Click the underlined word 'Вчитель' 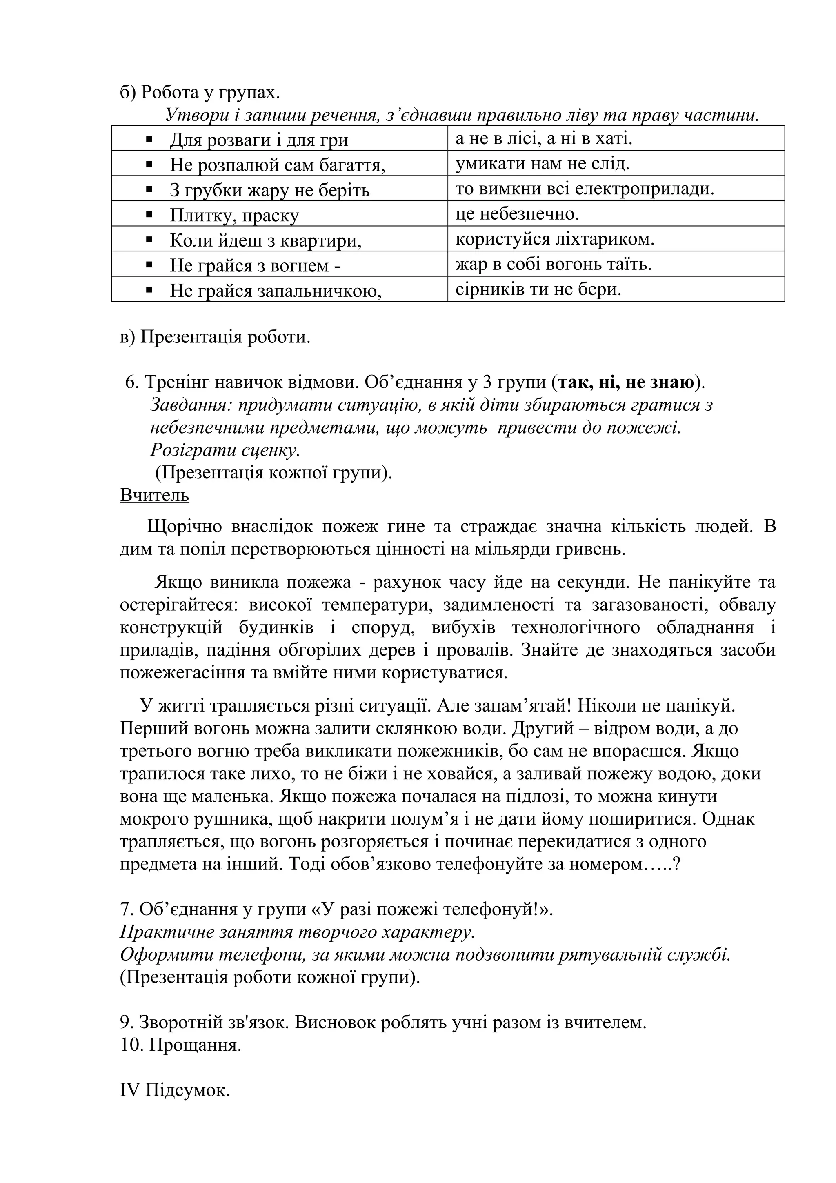click(155, 495)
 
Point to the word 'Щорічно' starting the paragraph click(185, 527)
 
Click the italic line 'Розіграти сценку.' click(225, 450)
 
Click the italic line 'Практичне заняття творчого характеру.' click(297, 933)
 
